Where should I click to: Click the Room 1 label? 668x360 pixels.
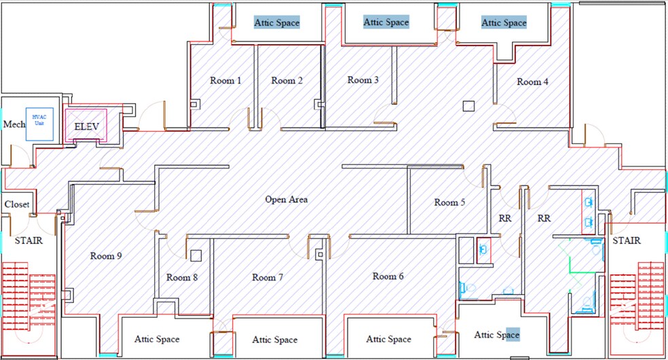(x=225, y=81)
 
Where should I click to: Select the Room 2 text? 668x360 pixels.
(x=287, y=81)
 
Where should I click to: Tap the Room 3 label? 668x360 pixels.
(x=363, y=80)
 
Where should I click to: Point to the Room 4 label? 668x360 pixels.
(x=533, y=82)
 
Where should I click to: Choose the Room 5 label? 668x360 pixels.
(x=450, y=202)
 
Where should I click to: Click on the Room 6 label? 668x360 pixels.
(x=388, y=276)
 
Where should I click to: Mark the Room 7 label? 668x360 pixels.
(x=268, y=277)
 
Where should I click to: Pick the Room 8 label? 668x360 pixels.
(x=183, y=277)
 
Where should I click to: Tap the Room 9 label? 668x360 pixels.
(x=106, y=256)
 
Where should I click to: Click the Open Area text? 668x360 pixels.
(x=286, y=200)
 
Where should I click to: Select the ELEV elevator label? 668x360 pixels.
(x=87, y=126)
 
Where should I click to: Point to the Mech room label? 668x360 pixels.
(x=14, y=124)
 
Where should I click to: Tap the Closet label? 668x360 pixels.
(x=17, y=204)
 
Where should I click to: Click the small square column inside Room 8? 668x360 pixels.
(x=196, y=256)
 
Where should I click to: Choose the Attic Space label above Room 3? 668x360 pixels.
(x=386, y=22)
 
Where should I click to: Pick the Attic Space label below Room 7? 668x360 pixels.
(x=275, y=340)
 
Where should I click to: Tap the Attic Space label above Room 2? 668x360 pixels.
(x=277, y=22)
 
